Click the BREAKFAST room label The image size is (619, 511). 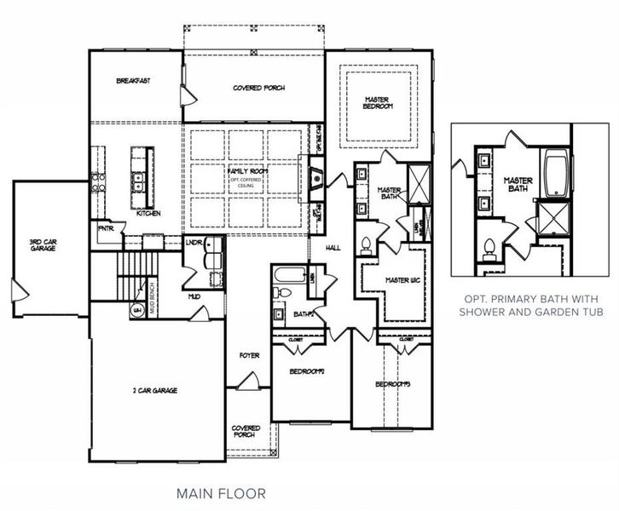click(x=134, y=81)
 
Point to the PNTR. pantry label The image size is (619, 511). click(x=106, y=228)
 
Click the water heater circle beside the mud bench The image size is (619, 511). click(x=136, y=309)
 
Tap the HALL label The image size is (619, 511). click(x=333, y=248)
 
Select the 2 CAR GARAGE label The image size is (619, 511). click(x=154, y=391)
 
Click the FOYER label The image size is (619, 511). click(x=248, y=357)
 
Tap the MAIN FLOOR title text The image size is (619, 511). click(x=221, y=492)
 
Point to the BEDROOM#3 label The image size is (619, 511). click(x=394, y=384)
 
